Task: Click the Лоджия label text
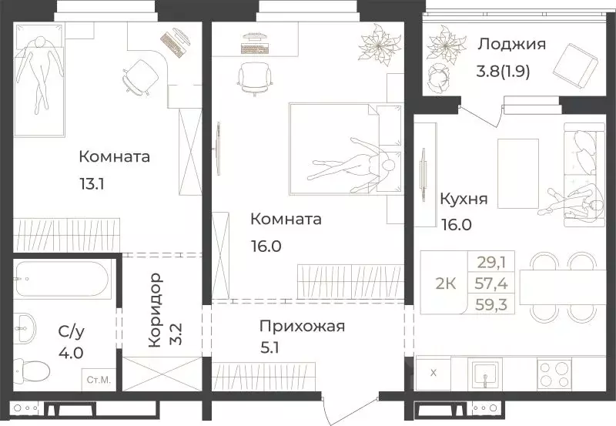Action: tap(511, 44)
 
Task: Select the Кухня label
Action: tap(463, 200)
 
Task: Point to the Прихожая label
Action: tap(301, 326)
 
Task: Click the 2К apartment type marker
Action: tap(446, 283)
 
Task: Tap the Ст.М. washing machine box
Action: tap(98, 379)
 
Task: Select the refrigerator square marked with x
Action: tap(434, 374)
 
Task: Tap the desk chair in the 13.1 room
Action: tap(138, 75)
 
